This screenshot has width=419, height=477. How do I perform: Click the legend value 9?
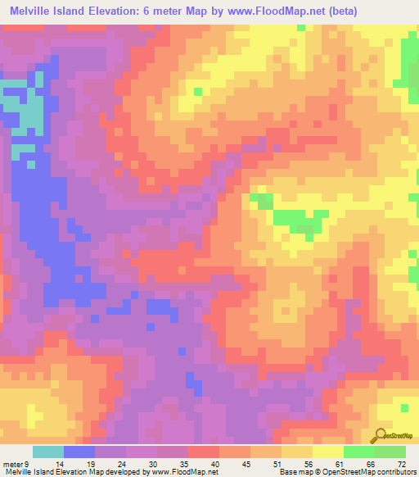[x=28, y=464]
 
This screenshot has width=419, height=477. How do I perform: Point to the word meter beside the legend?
[x=12, y=464]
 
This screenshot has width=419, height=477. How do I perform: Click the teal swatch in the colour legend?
[x=48, y=452]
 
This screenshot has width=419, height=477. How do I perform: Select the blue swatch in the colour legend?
[x=79, y=452]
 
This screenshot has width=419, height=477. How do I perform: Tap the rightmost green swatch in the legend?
[x=390, y=452]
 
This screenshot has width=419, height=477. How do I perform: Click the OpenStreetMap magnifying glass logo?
[x=381, y=436]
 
